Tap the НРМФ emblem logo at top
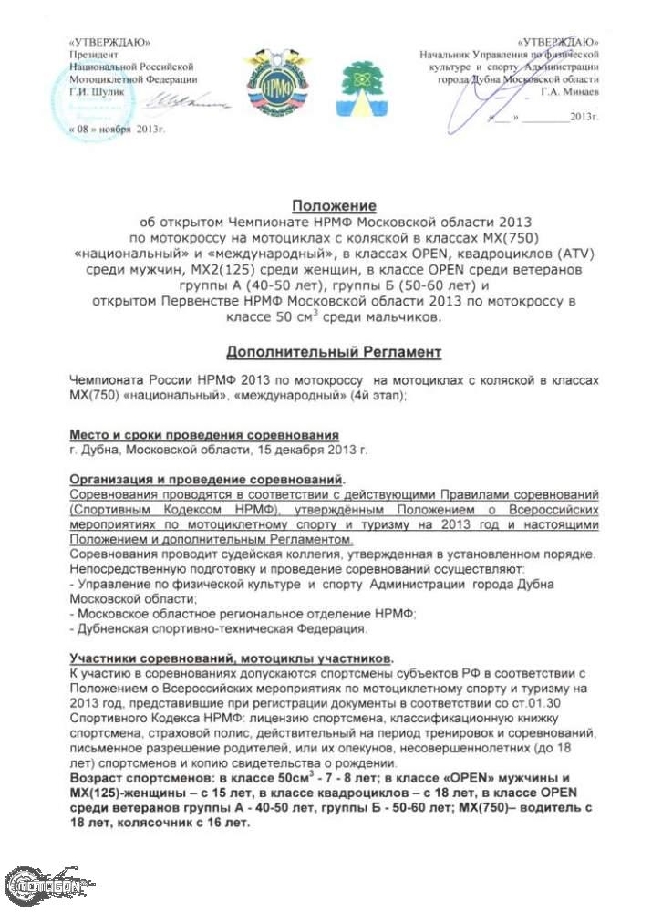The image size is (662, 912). tap(275, 78)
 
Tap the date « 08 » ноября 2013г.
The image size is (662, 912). tap(116, 131)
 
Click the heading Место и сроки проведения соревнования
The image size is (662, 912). tap(203, 435)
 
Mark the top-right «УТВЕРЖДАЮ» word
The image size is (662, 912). tap(557, 43)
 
